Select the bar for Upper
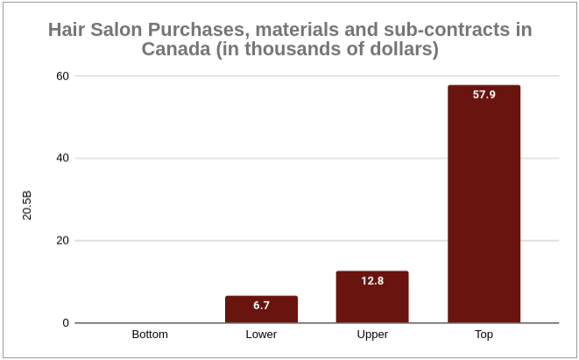tap(372, 297)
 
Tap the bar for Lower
tap(261, 309)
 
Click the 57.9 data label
tap(484, 95)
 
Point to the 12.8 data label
tap(372, 281)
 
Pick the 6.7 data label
tap(261, 306)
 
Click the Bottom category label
tap(150, 335)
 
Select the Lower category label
tap(261, 335)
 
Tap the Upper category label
tap(372, 335)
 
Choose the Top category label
tap(484, 335)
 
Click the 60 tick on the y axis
tap(62, 75)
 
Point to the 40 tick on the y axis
tap(62, 159)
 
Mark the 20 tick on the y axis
tap(62, 241)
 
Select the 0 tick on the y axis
tap(66, 323)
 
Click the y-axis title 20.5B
tap(27, 200)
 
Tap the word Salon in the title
tap(114, 30)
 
